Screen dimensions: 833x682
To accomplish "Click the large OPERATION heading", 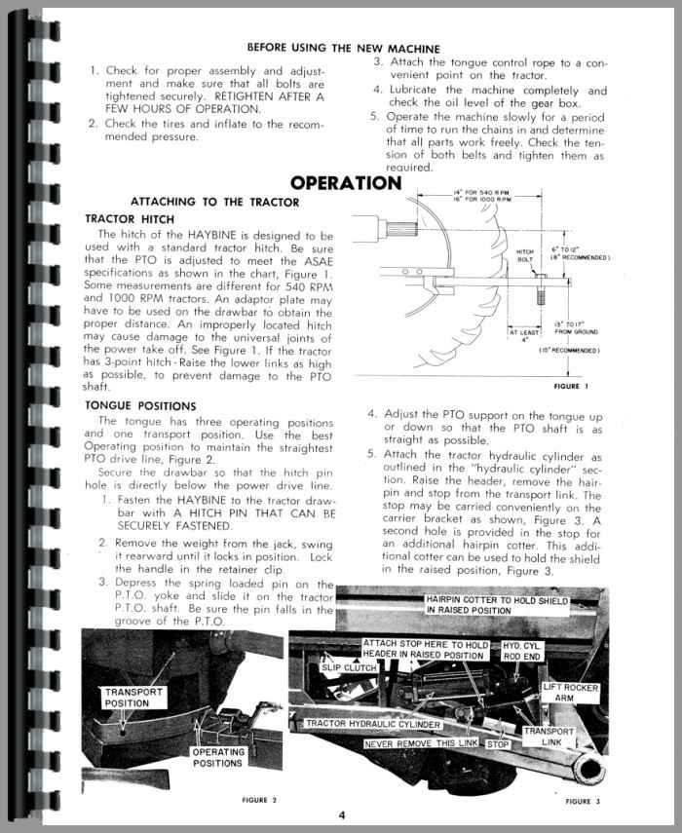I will [x=345, y=182].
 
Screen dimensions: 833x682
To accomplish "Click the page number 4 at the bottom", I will [x=342, y=814].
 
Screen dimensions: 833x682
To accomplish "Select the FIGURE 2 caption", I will [x=259, y=799].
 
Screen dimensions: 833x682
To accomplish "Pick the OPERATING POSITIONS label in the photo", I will [x=216, y=757].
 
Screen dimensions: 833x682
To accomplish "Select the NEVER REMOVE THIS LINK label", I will [x=423, y=743].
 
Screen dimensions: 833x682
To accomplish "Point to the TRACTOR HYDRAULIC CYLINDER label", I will [x=372, y=725].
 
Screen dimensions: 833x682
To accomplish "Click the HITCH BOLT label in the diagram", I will [x=525, y=256].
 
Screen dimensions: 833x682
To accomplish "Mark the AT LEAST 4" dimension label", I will [x=522, y=336].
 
